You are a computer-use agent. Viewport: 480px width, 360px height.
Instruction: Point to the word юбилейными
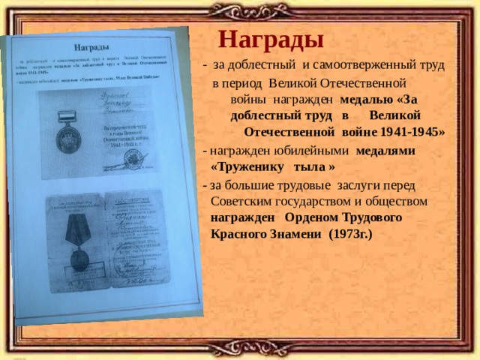tap(316, 149)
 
